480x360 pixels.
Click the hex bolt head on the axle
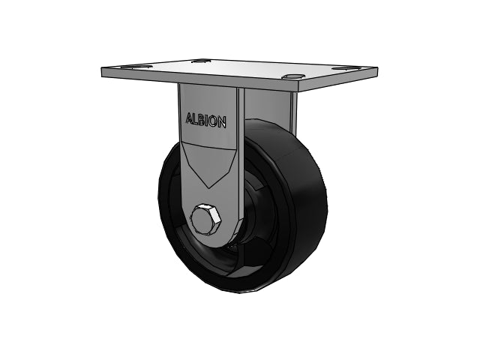pyautogui.click(x=205, y=219)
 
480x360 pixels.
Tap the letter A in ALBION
pyautogui.click(x=190, y=118)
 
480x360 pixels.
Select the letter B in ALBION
pyautogui.click(x=203, y=120)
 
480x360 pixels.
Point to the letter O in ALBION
pyautogui.click(x=214, y=121)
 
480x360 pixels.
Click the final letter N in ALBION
pyautogui.click(x=223, y=122)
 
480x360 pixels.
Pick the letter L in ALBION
pyautogui.click(x=197, y=119)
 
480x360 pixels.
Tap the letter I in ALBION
pyautogui.click(x=208, y=121)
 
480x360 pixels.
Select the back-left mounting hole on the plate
pyautogui.click(x=199, y=61)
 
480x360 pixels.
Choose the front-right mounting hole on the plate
pyautogui.click(x=293, y=76)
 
